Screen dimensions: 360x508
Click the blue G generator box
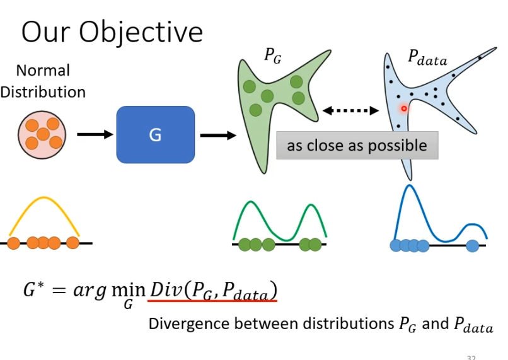(155, 134)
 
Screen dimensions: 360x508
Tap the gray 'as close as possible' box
(357, 146)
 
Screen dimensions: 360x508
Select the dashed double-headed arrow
(350, 111)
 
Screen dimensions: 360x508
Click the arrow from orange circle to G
(93, 134)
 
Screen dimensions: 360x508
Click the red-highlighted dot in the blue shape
(404, 108)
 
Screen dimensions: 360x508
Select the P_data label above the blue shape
(427, 59)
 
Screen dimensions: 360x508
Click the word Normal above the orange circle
(43, 70)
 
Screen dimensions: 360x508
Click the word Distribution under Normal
(43, 91)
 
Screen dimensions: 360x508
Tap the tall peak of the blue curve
(410, 185)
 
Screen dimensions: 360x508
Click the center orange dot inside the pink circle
(43, 134)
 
